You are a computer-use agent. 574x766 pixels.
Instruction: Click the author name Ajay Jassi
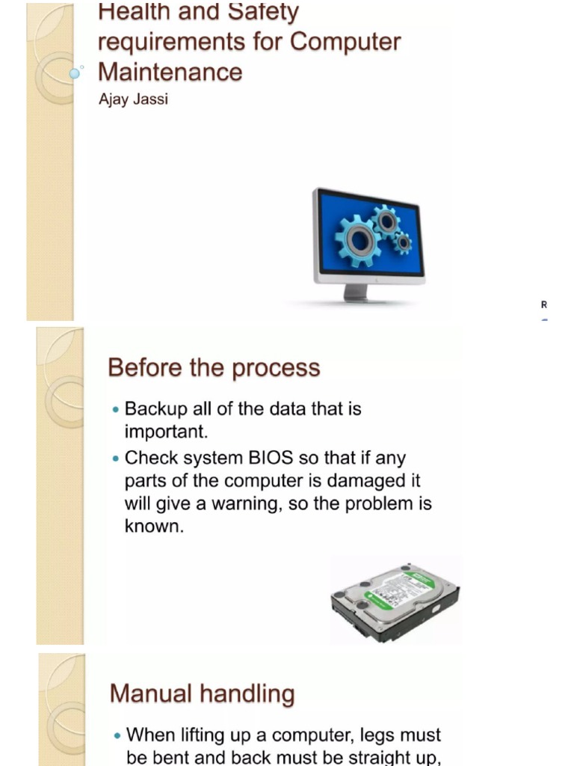(x=133, y=99)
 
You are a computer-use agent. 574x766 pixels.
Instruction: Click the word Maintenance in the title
(x=170, y=72)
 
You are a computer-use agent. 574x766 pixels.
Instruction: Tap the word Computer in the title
(x=345, y=42)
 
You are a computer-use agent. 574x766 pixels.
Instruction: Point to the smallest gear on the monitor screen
(x=403, y=242)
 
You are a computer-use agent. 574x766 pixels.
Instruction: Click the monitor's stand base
(x=357, y=297)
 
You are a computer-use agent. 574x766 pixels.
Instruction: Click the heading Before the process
(x=214, y=368)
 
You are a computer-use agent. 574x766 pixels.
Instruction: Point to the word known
(x=152, y=527)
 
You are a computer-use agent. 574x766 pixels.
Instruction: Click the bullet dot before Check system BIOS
(x=115, y=458)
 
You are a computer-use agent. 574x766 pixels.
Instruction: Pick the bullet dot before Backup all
(x=115, y=410)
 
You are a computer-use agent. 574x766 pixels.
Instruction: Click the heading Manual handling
(x=202, y=693)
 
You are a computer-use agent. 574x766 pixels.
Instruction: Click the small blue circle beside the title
(x=75, y=73)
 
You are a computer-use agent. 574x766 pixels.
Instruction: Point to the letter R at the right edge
(x=544, y=305)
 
